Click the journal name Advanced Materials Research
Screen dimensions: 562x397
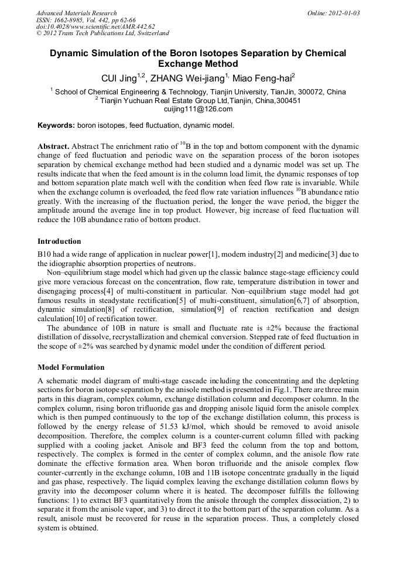point(76,13)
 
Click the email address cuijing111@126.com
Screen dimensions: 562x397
point(198,108)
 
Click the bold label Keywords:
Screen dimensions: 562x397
point(56,125)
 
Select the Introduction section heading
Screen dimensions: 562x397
point(59,241)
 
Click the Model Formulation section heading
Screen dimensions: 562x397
point(71,367)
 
